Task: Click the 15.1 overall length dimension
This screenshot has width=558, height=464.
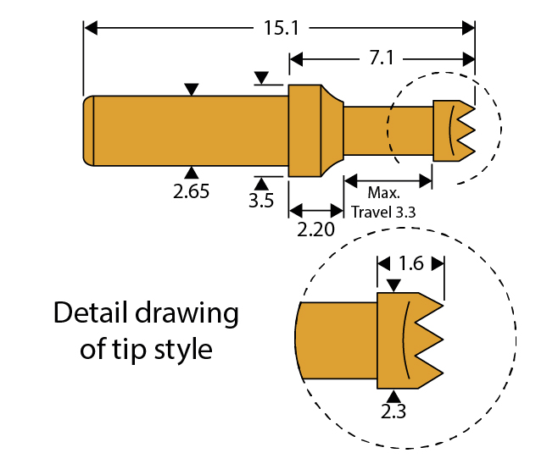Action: [x=281, y=28]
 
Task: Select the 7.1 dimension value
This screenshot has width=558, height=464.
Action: [x=378, y=59]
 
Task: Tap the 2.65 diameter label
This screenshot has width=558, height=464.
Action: [x=191, y=191]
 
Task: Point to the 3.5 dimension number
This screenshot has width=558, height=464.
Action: [x=260, y=202]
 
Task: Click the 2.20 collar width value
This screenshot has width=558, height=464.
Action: [x=315, y=229]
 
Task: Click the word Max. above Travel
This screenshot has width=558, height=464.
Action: [x=383, y=194]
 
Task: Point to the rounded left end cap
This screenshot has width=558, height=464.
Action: [x=88, y=130]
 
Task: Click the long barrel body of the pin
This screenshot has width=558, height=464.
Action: [x=191, y=130]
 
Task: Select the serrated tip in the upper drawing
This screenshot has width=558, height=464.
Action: [x=452, y=130]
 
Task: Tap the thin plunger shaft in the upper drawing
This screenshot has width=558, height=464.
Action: [x=387, y=130]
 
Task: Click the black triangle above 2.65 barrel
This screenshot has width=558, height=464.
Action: [x=193, y=89]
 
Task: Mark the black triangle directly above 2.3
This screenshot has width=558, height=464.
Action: [x=393, y=395]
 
